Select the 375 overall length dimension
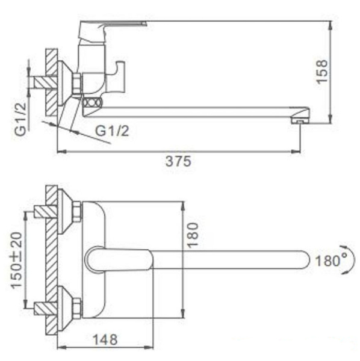[x=179, y=161]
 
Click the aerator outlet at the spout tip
[x=297, y=121]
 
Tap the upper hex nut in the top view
[x=76, y=212]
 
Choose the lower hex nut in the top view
[x=76, y=309]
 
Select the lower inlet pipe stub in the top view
[x=45, y=309]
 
